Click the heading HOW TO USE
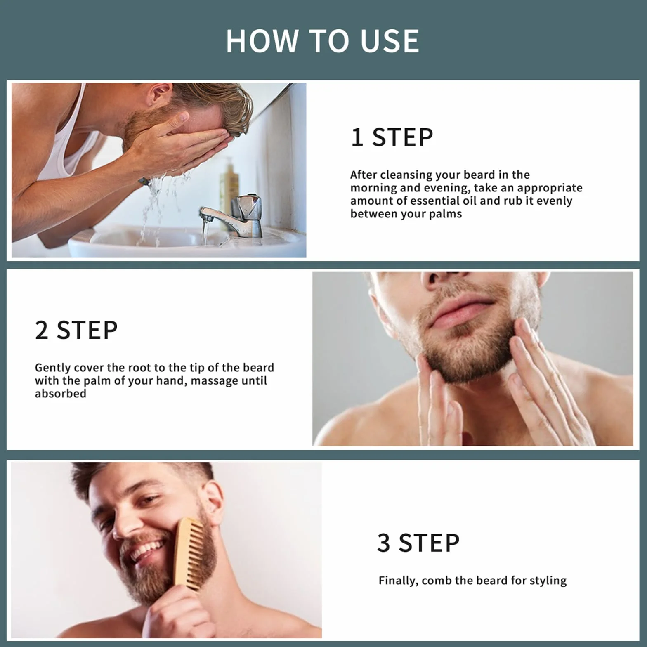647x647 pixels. [x=322, y=41]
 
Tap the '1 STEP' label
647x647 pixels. [x=392, y=137]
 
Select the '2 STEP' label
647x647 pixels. [x=76, y=330]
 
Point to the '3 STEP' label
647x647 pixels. [x=418, y=543]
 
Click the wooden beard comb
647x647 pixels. [x=189, y=553]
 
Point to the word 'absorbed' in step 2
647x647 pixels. [x=61, y=394]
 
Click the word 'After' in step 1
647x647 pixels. [x=364, y=175]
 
